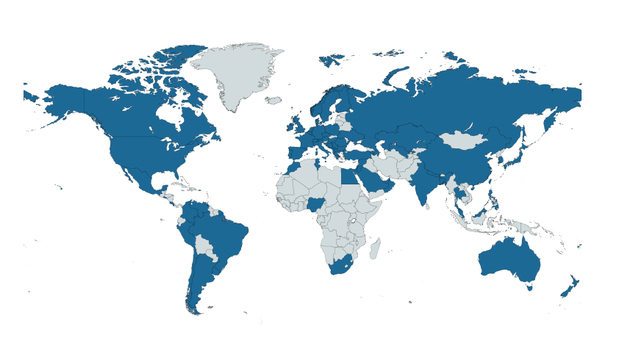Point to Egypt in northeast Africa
click(351, 177)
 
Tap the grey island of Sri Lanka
click(427, 206)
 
